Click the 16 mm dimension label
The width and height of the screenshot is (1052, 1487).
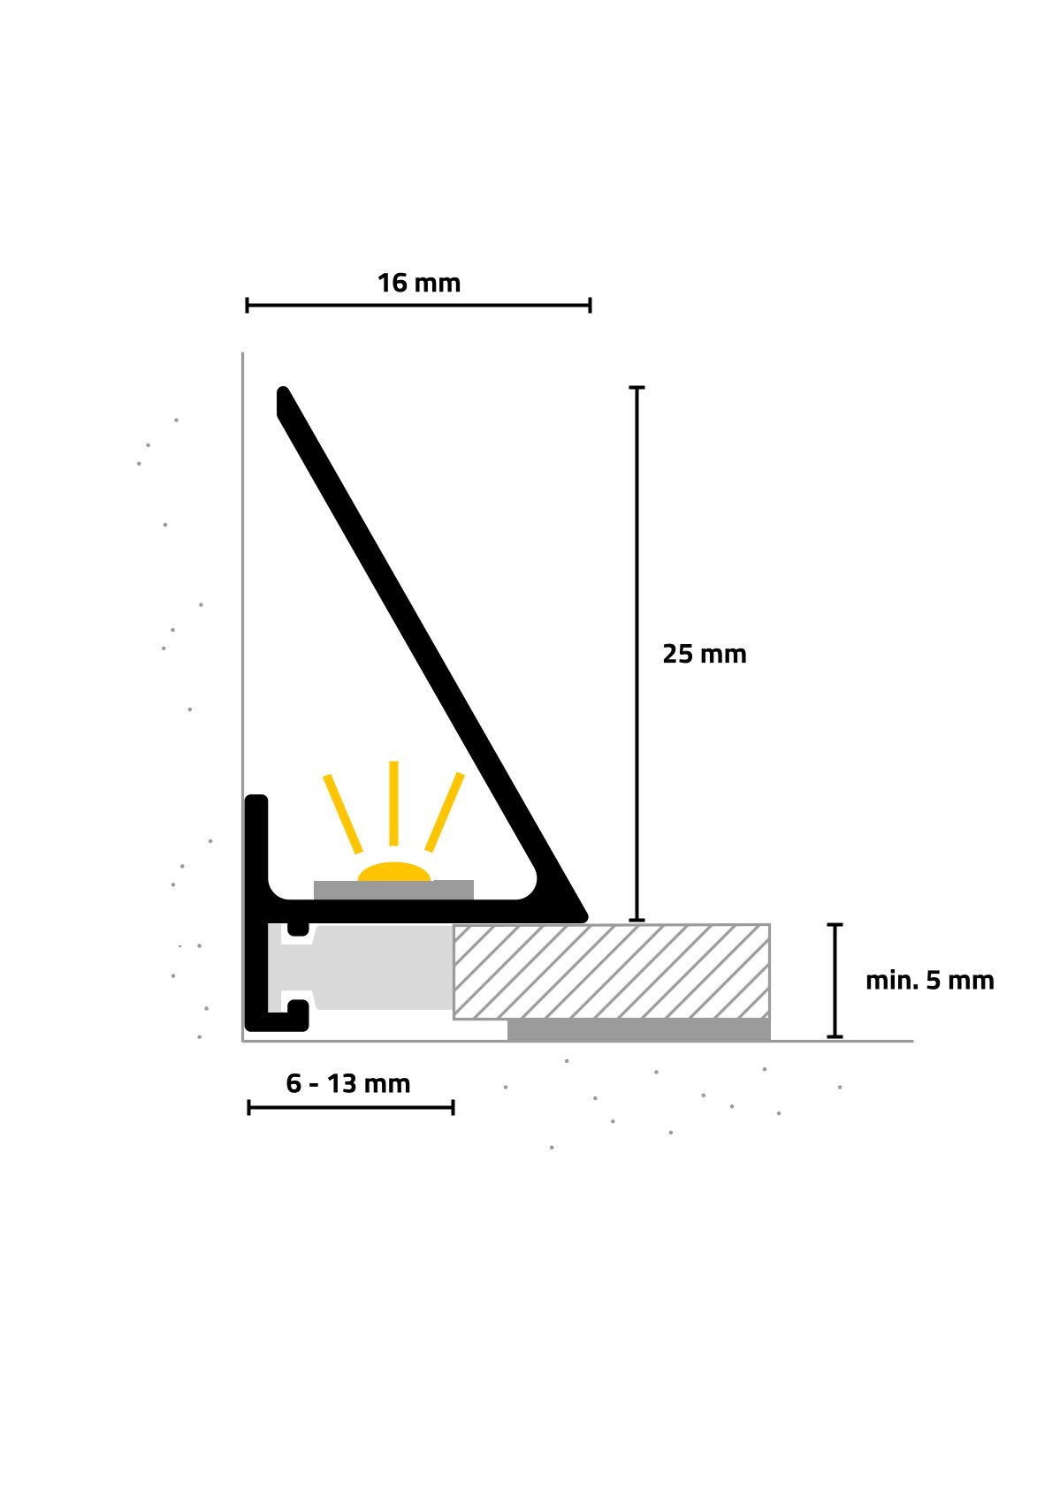(418, 284)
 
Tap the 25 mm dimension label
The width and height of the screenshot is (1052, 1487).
(704, 655)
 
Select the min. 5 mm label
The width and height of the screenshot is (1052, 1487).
(929, 981)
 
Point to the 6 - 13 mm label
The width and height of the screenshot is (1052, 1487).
(348, 1084)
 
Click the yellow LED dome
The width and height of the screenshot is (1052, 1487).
(393, 872)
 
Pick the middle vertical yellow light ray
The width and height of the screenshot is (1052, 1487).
(393, 803)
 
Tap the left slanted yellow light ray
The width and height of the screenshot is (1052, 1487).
(343, 813)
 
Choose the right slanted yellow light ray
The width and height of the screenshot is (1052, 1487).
(445, 812)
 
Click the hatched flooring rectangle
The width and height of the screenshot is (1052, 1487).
(612, 972)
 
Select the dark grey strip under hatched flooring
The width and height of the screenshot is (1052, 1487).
(639, 1030)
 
